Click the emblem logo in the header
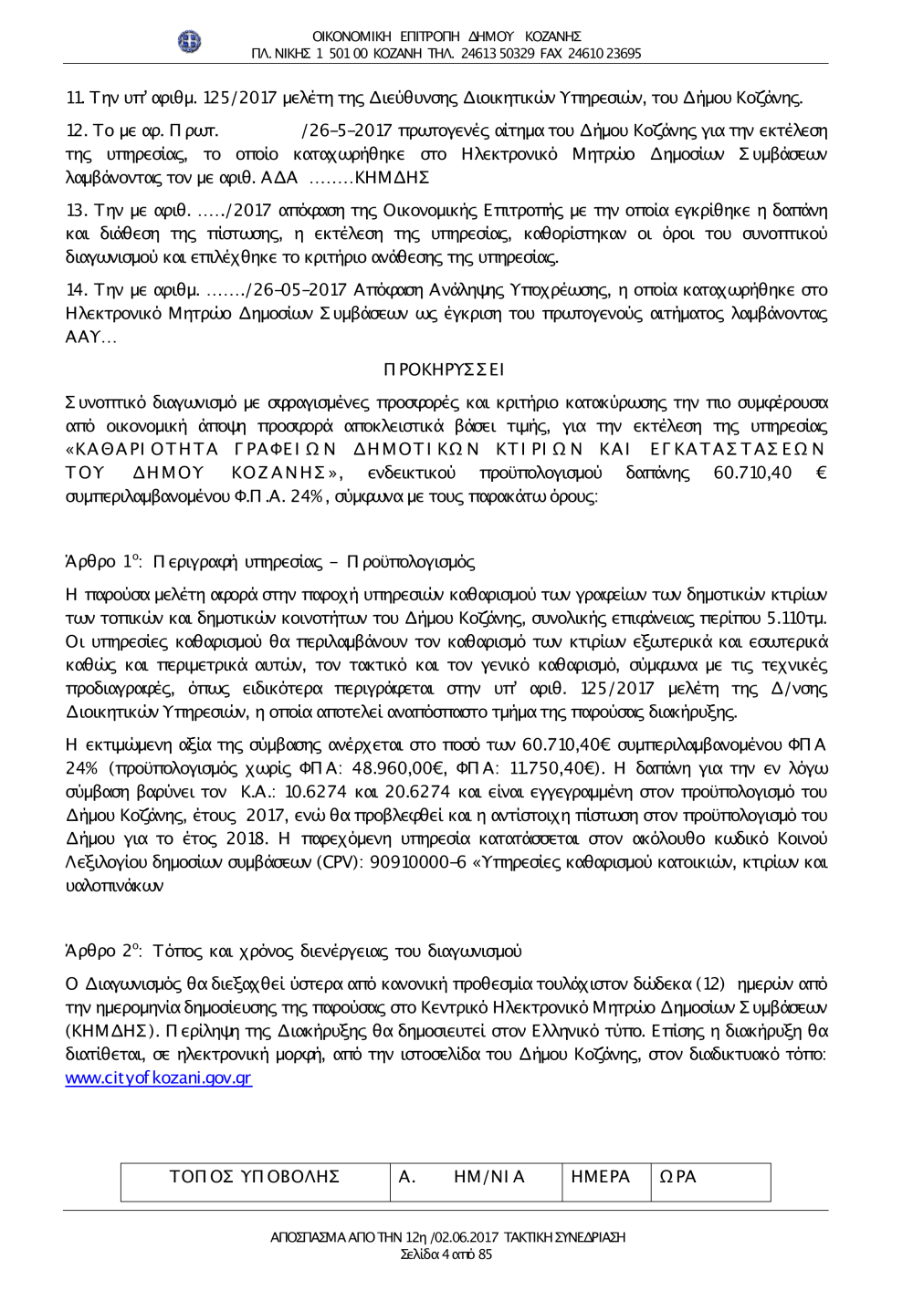(x=189, y=42)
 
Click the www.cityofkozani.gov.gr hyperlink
(x=158, y=1078)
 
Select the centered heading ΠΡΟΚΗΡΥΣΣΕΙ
(x=445, y=370)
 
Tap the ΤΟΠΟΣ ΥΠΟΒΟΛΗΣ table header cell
(x=255, y=1177)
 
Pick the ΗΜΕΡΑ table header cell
(x=600, y=1177)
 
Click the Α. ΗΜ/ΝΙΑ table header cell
(x=462, y=1177)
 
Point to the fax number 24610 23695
(x=604, y=54)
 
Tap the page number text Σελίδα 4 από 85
(x=446, y=1255)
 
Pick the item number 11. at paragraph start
(x=75, y=98)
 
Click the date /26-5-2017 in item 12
(x=346, y=130)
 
